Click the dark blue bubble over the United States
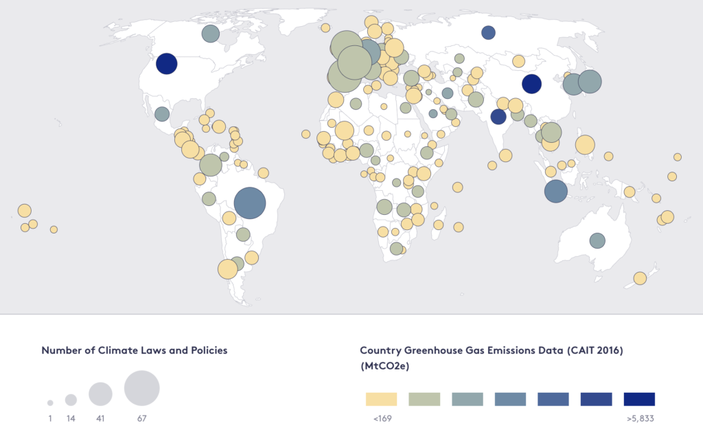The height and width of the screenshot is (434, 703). coord(167,64)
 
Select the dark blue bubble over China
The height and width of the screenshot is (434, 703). coord(531,84)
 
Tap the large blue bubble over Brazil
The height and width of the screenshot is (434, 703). coord(249,203)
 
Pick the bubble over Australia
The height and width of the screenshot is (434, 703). coord(597,240)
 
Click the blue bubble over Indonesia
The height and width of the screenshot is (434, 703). coord(556,191)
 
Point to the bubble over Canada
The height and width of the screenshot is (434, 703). coord(211,33)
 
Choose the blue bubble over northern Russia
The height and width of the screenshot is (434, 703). coord(488,32)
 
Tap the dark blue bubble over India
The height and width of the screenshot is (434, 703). coord(498,116)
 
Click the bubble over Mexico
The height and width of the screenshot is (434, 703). coord(162,114)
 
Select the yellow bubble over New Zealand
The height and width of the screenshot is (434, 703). coord(640,278)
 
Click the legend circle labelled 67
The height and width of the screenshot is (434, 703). coord(141,387)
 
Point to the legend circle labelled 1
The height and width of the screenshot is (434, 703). coord(50,402)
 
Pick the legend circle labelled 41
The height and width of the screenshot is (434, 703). coord(100,393)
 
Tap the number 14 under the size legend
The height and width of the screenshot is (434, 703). coord(71,418)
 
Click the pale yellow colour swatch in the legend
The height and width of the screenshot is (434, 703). coord(381,399)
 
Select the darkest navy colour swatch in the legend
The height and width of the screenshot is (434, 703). coord(639,399)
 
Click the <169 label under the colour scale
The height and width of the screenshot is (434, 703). coord(382,418)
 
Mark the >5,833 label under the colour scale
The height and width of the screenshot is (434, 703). coord(639,418)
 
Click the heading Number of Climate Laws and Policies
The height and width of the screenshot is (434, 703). coord(135,350)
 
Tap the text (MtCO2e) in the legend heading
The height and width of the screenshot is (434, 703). coord(385,367)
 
